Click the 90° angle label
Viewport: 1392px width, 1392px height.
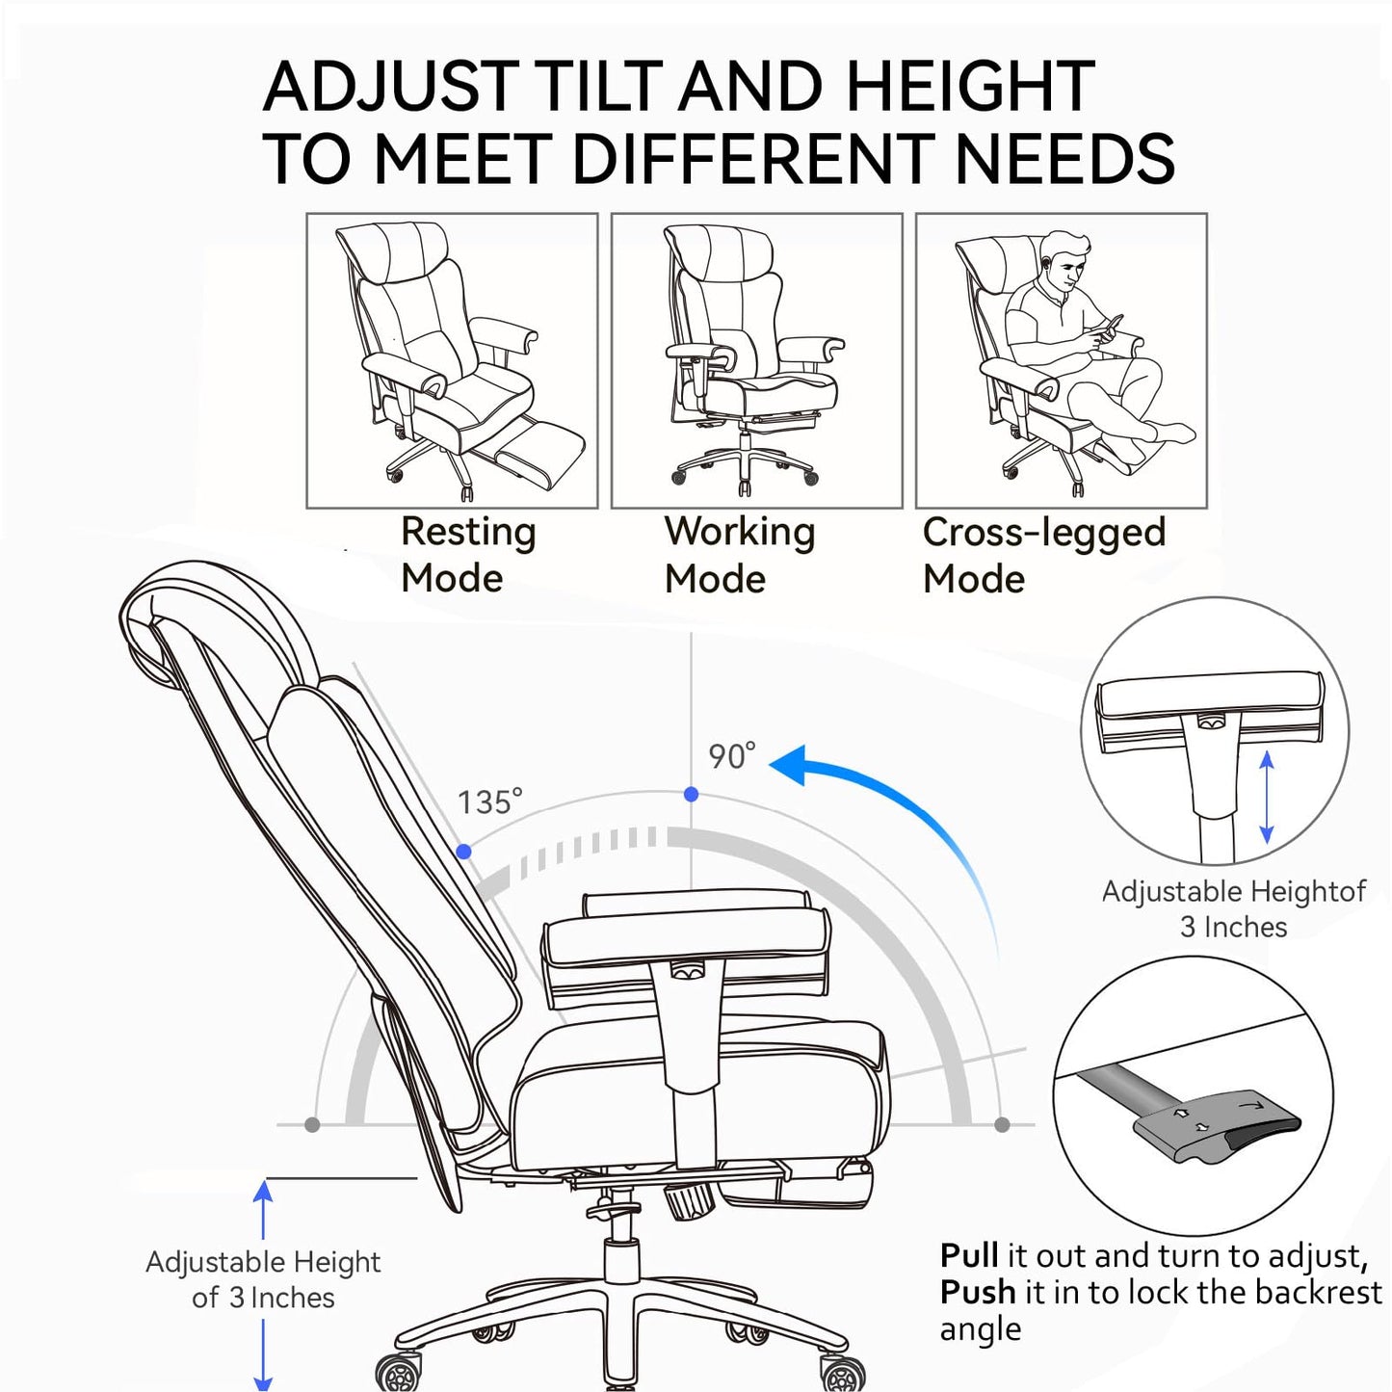(732, 756)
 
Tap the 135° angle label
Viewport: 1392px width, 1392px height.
(489, 801)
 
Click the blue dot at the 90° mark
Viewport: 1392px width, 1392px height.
(691, 795)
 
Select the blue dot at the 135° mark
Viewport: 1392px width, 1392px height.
(464, 852)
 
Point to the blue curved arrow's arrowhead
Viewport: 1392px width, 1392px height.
(790, 766)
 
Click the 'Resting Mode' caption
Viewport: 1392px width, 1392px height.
(468, 555)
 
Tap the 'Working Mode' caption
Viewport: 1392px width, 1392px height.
(739, 555)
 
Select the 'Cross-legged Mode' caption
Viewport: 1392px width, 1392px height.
(1043, 555)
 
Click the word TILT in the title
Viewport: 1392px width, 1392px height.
(597, 87)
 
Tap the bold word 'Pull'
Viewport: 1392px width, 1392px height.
(969, 1256)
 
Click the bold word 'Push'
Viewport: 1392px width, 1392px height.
(978, 1292)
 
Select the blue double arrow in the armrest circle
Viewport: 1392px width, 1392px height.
(1266, 799)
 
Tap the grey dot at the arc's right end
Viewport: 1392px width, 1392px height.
(1002, 1125)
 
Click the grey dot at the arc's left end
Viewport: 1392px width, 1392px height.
(312, 1125)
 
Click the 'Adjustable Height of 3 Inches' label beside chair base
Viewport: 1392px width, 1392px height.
(263, 1279)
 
